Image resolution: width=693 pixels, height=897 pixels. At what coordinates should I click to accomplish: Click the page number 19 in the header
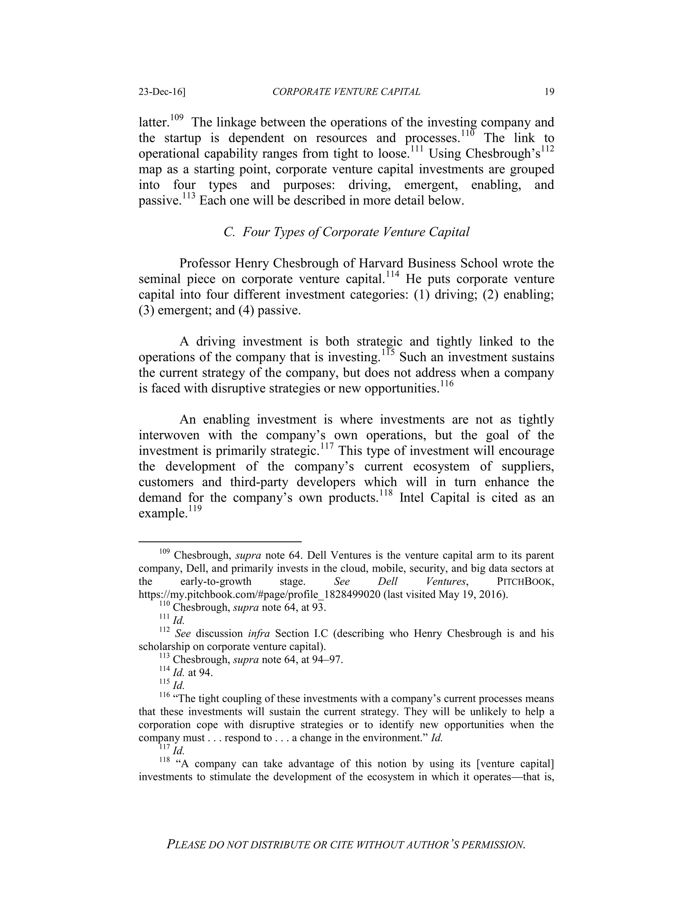[549, 92]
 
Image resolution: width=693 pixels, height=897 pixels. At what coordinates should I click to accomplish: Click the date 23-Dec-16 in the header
[162, 92]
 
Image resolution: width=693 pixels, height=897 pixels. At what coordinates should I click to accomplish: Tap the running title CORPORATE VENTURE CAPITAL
[346, 92]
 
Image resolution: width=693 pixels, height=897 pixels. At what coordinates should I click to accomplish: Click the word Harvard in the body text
[385, 263]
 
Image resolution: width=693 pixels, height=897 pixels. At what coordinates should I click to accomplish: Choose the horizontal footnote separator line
[220, 542]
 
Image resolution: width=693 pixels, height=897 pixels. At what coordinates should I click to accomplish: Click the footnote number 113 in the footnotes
[164, 657]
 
